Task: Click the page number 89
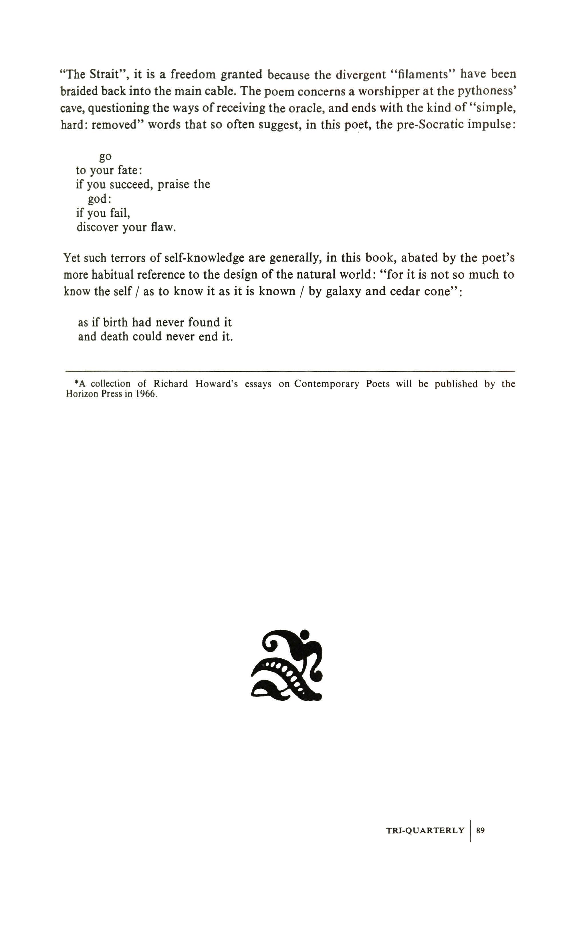tap(480, 830)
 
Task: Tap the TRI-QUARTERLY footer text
tap(425, 830)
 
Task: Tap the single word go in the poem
tap(105, 156)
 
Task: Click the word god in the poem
tap(98, 199)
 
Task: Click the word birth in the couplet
tap(115, 322)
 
